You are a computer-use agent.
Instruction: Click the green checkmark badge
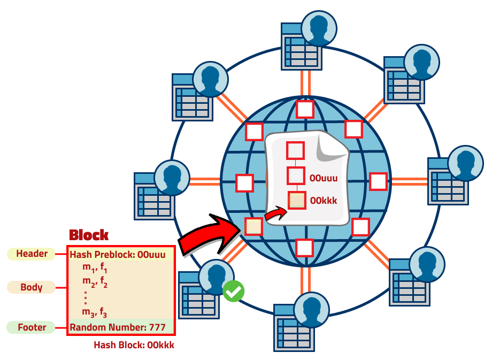click(x=233, y=291)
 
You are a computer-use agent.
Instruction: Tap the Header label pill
click(x=32, y=254)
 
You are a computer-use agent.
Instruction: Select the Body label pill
click(x=32, y=287)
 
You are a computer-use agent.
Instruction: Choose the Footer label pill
click(x=32, y=327)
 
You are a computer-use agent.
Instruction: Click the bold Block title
click(x=89, y=235)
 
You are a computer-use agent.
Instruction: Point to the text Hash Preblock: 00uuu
click(x=121, y=254)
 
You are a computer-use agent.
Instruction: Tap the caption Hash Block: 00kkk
click(x=134, y=345)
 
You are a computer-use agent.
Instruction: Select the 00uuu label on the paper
click(x=324, y=177)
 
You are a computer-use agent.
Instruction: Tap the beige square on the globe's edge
click(x=253, y=226)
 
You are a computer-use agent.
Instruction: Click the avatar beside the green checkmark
click(x=216, y=277)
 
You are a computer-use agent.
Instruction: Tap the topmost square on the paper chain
click(x=296, y=150)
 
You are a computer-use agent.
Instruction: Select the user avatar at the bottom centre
click(x=311, y=310)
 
